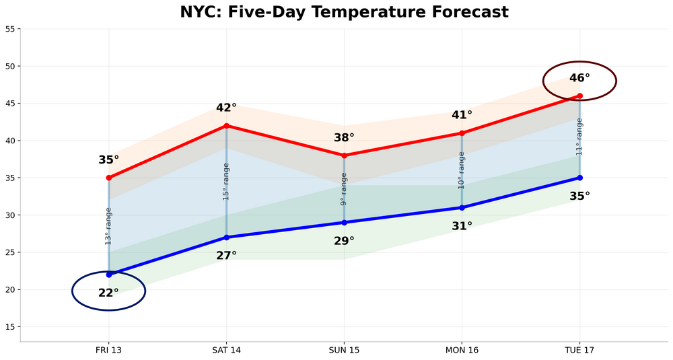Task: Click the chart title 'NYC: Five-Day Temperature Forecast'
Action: click(x=344, y=12)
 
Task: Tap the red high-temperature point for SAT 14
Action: click(x=227, y=126)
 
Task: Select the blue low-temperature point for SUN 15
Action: click(x=344, y=222)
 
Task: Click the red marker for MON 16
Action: click(x=462, y=133)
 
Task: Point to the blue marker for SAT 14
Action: click(x=227, y=237)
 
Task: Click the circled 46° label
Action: click(x=579, y=78)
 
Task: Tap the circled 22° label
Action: click(x=108, y=293)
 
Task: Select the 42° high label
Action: click(x=227, y=108)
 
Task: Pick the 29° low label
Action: click(x=344, y=240)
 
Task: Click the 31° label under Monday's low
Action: click(x=462, y=226)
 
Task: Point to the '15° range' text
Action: click(x=227, y=181)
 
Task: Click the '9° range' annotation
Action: click(x=344, y=189)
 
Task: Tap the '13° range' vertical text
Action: click(x=109, y=226)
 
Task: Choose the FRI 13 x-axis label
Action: click(x=108, y=351)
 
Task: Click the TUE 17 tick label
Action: click(x=579, y=351)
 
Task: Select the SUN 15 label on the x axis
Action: click(x=344, y=351)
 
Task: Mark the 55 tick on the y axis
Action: click(x=11, y=29)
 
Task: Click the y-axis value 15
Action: click(x=11, y=327)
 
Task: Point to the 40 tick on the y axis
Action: click(x=11, y=141)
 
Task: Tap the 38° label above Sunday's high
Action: click(x=344, y=138)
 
